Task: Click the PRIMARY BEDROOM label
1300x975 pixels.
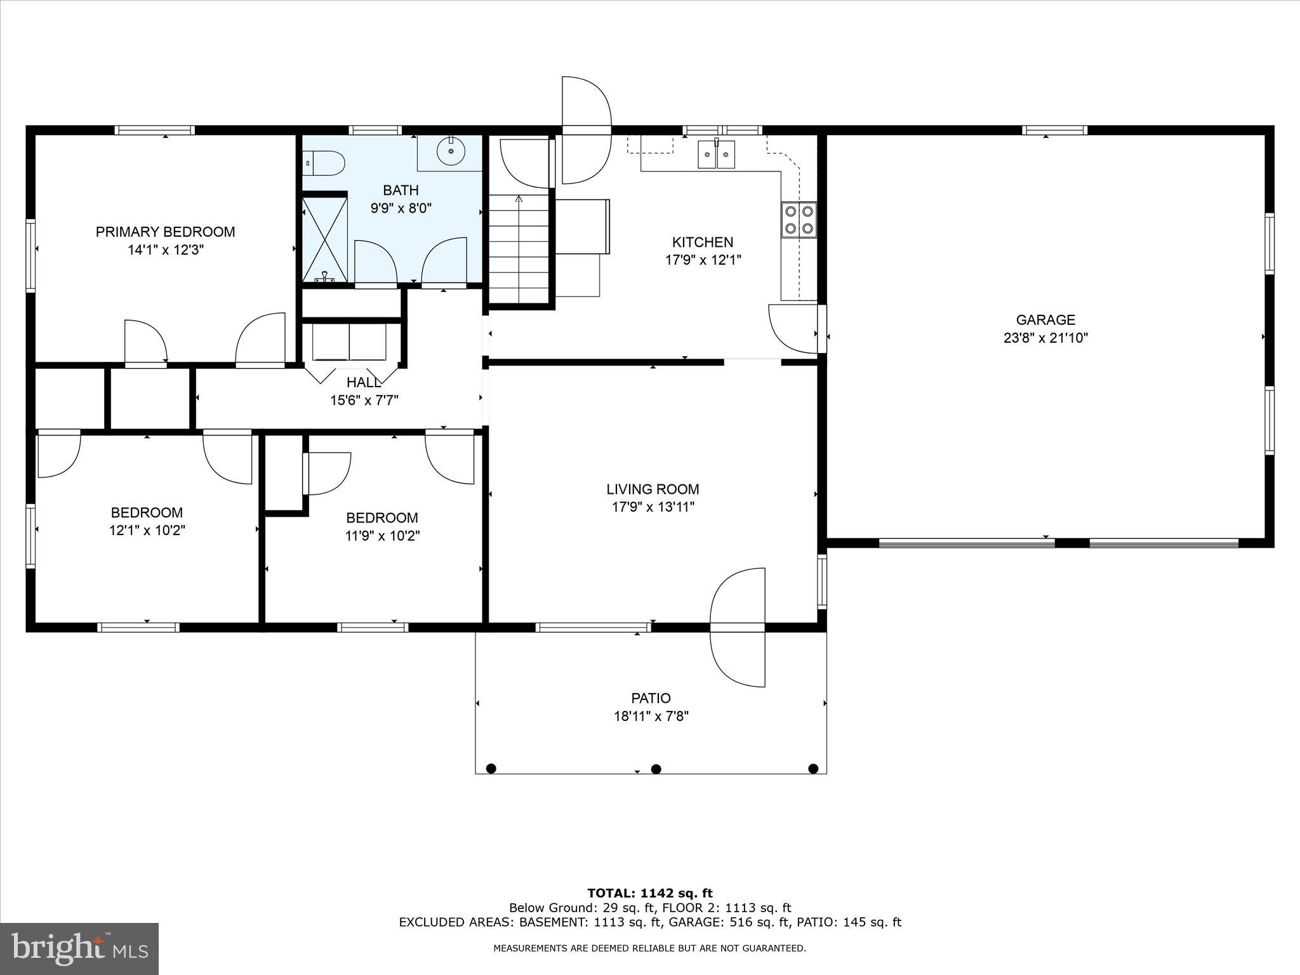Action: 165,232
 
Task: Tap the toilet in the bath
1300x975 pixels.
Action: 324,163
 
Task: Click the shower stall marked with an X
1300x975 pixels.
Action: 324,239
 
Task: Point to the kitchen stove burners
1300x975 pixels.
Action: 799,220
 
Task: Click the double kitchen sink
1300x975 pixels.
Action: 716,154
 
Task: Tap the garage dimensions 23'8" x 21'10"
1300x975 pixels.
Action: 1045,338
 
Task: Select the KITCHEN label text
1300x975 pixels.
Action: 703,242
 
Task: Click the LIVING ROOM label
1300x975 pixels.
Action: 653,489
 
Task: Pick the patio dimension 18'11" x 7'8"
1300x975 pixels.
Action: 651,716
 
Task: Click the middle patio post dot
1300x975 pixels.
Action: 656,769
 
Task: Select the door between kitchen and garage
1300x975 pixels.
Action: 793,329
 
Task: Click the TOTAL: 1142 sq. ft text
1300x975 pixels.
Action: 650,894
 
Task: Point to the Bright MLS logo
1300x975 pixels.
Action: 79,948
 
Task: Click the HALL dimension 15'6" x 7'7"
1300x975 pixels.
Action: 364,401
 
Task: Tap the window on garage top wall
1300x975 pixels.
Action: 1055,130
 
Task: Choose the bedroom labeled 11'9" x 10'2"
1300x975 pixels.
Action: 382,527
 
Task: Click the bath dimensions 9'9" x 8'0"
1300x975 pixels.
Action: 401,208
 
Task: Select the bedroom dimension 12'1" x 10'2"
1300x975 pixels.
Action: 147,530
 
